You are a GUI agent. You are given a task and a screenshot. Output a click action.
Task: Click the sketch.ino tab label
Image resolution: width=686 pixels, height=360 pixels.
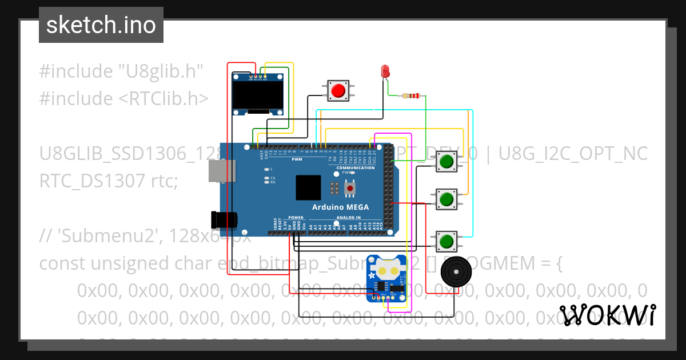point(101,25)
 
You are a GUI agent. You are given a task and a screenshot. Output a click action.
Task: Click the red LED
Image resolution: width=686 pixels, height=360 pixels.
point(385,71)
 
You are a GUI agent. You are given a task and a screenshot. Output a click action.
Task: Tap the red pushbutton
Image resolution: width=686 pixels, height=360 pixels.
point(338,90)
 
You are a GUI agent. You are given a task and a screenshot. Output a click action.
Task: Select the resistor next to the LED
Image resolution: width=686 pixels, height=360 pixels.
point(412,96)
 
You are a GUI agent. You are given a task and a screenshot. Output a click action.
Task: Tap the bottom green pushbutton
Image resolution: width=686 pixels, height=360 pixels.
point(446,241)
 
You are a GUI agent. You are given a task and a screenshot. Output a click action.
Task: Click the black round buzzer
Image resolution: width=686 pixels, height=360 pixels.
point(458,273)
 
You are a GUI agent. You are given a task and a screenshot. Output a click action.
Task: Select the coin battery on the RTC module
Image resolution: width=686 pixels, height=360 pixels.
point(387,268)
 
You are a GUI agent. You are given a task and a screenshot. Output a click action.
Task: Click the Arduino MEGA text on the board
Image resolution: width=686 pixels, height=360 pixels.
point(340,207)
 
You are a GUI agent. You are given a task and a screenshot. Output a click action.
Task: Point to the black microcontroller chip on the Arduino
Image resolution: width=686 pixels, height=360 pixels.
point(309,188)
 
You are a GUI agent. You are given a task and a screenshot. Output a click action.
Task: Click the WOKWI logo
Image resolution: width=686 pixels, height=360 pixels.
point(608,315)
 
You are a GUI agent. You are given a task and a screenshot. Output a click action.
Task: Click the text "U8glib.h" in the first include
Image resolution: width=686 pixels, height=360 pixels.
point(161,72)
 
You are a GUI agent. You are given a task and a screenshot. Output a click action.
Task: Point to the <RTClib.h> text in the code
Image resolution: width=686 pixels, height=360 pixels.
point(163,99)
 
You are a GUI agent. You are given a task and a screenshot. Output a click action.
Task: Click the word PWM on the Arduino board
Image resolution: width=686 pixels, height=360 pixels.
point(297,159)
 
